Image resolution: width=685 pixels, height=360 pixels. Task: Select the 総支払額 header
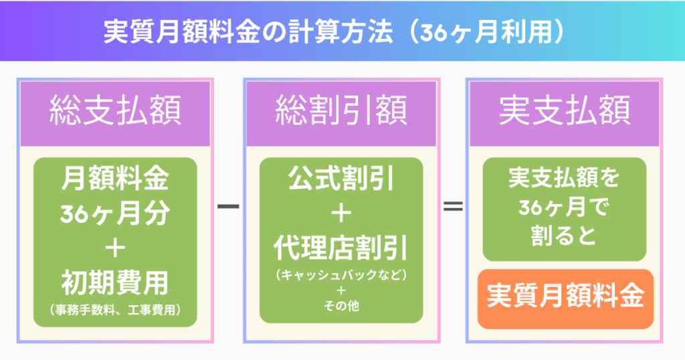pos(115,112)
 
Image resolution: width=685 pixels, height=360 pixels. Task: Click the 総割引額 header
pos(341,112)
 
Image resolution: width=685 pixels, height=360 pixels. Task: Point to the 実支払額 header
pos(565,112)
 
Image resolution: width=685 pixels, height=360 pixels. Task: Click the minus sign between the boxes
pos(229,207)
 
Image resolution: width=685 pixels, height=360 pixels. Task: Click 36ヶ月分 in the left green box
pos(115,213)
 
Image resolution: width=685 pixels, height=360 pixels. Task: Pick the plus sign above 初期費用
pos(115,248)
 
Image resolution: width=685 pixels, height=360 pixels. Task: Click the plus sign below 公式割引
pos(341,213)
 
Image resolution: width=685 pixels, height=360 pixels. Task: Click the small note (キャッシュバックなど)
pos(341,274)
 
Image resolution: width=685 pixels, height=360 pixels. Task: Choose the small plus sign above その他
pos(341,290)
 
